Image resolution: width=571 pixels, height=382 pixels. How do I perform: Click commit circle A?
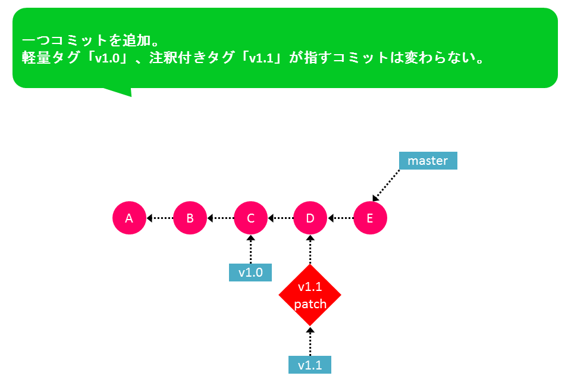[x=129, y=218]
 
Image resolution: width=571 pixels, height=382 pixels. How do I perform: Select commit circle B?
[x=190, y=218]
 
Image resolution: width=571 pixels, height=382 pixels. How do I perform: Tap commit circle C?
[x=250, y=218]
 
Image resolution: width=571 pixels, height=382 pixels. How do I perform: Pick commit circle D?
[x=310, y=218]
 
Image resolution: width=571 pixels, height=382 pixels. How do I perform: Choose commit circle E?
[x=370, y=218]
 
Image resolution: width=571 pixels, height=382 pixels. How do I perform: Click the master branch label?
[x=428, y=161]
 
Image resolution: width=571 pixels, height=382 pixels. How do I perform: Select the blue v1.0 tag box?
[x=250, y=273]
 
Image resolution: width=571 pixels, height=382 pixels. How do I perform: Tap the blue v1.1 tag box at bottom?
[x=310, y=365]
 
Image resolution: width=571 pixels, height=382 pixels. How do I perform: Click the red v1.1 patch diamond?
[x=310, y=295]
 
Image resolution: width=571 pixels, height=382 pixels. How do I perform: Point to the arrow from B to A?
[x=159, y=218]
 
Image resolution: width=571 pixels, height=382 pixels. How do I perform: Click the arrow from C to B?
[x=220, y=218]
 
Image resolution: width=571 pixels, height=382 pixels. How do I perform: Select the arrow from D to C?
[x=280, y=218]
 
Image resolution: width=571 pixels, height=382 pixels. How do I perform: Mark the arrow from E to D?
[x=340, y=218]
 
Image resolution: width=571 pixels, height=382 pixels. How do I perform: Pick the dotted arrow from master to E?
[x=386, y=185]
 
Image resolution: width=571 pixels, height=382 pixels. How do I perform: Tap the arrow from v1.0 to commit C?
[x=250, y=249]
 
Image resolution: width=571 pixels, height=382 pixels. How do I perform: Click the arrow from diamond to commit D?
[x=310, y=250]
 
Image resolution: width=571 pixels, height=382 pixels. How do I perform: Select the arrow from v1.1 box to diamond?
[x=310, y=341]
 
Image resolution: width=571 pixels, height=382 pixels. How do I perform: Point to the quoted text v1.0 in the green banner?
[x=108, y=58]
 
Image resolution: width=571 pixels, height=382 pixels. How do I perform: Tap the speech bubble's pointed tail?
[x=118, y=92]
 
